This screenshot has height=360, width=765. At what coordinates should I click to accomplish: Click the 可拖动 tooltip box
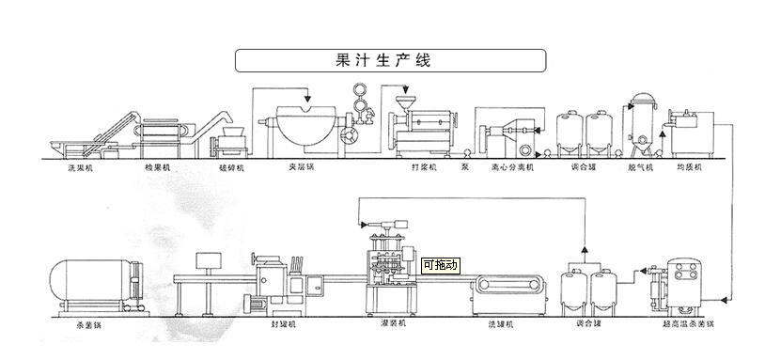tap(441, 265)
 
